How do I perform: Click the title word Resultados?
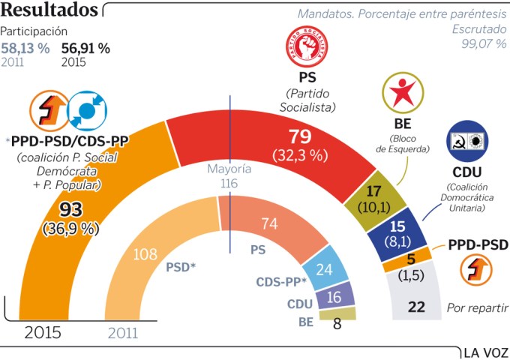click(50, 10)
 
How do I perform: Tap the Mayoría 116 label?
click(229, 176)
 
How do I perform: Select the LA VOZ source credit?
click(485, 351)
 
